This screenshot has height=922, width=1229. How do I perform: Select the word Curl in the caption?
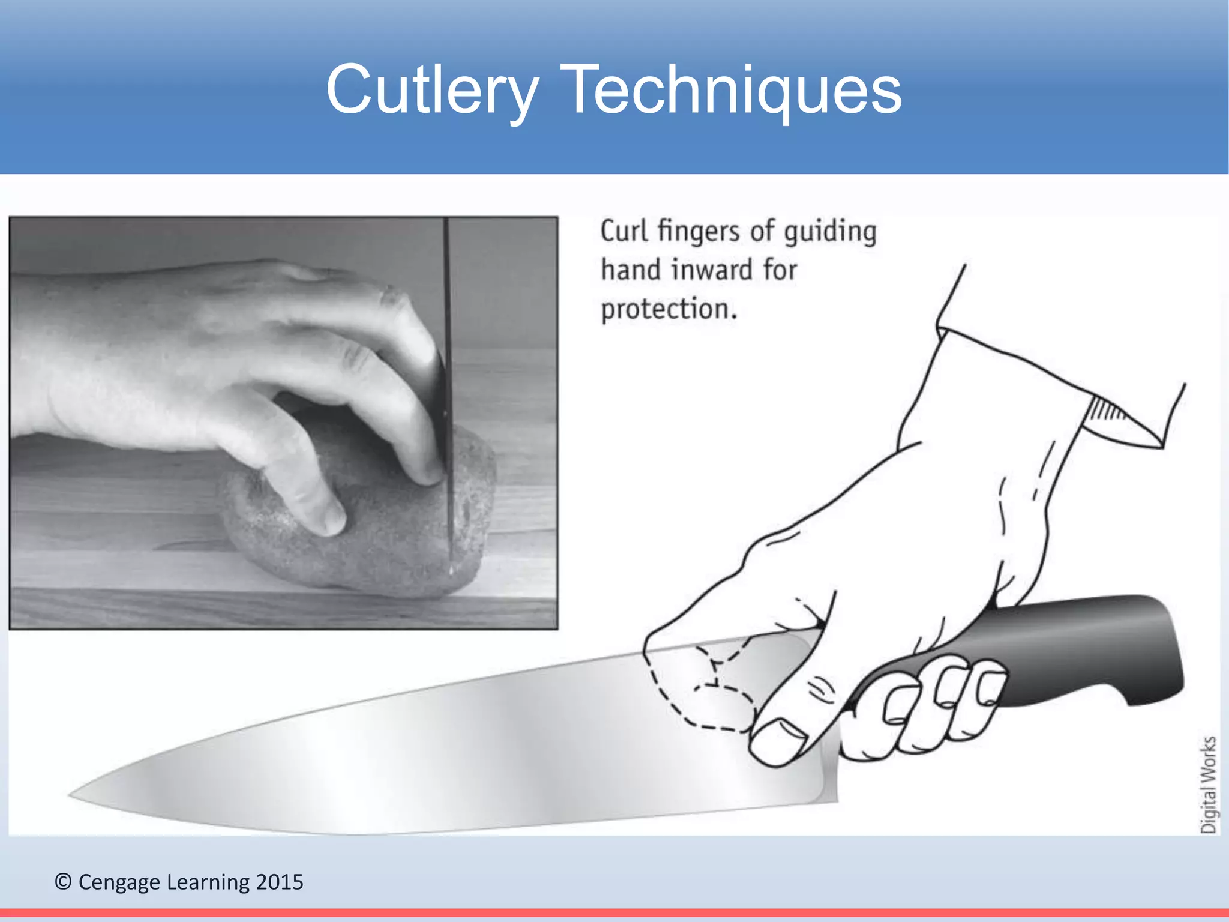[x=624, y=231]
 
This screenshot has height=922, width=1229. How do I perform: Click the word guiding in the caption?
[x=831, y=232]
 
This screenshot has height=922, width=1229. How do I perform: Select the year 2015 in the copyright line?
[x=280, y=882]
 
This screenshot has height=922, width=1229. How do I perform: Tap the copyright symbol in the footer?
[x=63, y=882]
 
